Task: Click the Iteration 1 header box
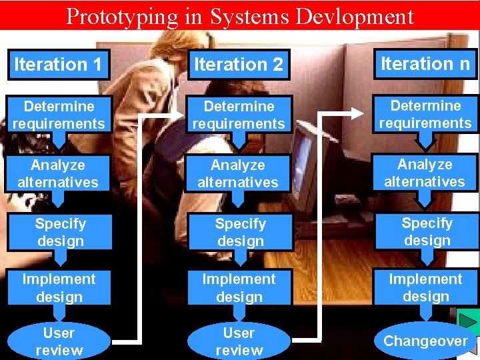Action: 59,65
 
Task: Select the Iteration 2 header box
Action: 239,65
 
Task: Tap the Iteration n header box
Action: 425,64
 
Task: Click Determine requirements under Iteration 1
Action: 59,115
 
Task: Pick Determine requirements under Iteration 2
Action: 239,115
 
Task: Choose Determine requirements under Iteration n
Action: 425,114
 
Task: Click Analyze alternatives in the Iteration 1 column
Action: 59,173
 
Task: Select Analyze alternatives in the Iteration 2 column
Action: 239,173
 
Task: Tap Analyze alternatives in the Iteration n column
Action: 425,173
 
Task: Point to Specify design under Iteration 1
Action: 60,232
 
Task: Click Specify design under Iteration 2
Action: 240,232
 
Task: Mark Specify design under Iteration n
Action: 427,231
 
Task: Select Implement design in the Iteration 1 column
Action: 59,288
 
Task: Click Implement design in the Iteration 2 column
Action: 239,288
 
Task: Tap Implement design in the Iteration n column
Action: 425,287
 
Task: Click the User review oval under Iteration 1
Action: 59,341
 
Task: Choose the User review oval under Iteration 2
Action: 239,341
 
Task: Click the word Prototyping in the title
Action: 118,16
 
